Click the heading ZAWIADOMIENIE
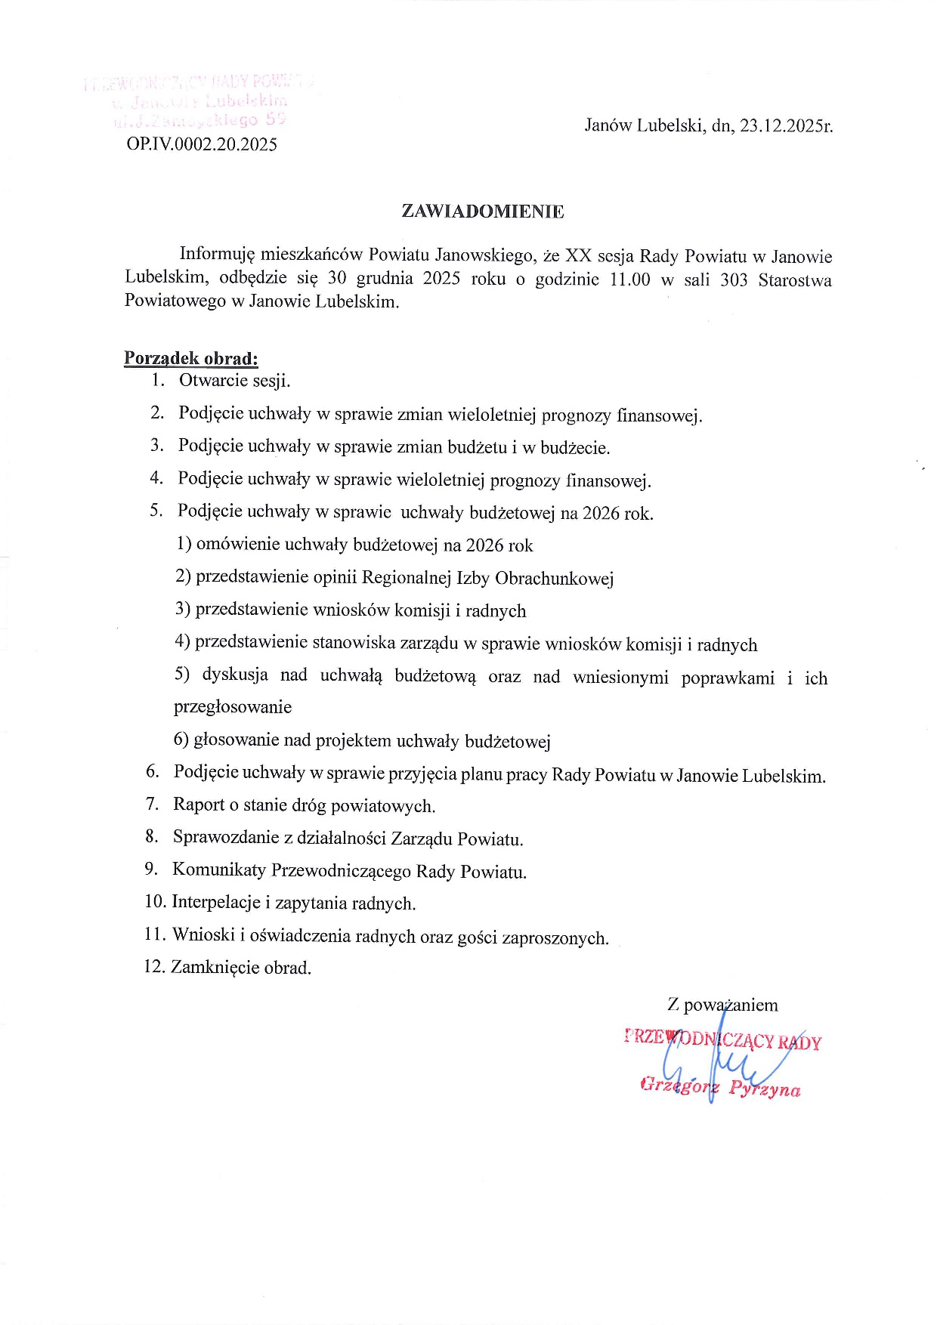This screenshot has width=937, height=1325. pos(483,212)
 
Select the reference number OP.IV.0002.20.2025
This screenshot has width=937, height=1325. pos(202,144)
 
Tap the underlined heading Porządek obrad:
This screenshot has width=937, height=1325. pos(190,358)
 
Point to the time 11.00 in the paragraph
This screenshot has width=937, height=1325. pos(629,280)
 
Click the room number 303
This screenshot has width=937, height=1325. pos(734,280)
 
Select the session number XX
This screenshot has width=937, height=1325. pos(578,256)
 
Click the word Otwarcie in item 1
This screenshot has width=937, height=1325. pos(212,380)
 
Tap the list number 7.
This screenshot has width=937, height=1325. pos(152,804)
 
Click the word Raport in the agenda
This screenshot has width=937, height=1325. pos(199,805)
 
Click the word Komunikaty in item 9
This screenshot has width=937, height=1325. pos(218,869)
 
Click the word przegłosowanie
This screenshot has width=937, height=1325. pos(233,707)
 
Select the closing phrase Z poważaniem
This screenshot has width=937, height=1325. pos(722,1005)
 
